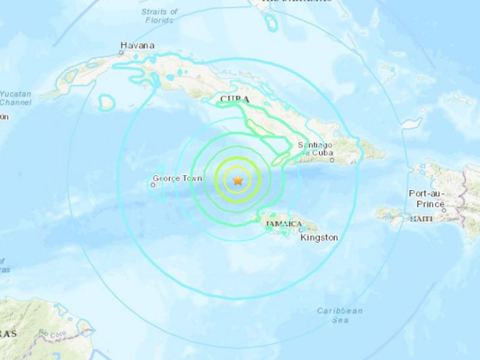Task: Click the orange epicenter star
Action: [x=238, y=180]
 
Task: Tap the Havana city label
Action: [x=137, y=45]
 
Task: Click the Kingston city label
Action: [x=319, y=238]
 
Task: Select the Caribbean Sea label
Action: [x=340, y=315]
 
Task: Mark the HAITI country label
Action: [x=421, y=220]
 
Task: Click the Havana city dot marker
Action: [x=122, y=53]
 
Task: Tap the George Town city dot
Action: [x=153, y=185]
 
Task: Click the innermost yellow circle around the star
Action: [x=238, y=168]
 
